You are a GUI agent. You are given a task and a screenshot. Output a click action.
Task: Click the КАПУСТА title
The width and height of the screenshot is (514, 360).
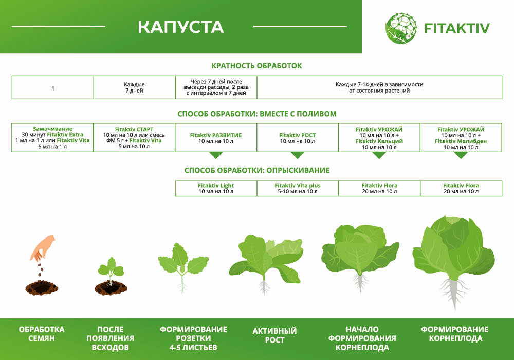point(180,27)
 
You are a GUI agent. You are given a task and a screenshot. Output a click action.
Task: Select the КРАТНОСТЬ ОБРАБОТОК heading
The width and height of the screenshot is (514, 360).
point(256,66)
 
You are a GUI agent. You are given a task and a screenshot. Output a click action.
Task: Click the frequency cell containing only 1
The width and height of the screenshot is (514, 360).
point(52,88)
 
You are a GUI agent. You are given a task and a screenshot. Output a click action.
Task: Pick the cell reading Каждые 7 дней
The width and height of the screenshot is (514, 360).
point(134,87)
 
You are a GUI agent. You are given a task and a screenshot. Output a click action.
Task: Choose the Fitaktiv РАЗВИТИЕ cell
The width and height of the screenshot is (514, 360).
point(216,138)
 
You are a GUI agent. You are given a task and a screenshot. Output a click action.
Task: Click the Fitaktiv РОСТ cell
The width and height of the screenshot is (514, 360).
point(297,138)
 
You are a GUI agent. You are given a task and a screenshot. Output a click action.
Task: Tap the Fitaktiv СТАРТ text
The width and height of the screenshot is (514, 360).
point(134,129)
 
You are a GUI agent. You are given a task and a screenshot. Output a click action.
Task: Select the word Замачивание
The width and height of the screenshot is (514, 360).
point(52,129)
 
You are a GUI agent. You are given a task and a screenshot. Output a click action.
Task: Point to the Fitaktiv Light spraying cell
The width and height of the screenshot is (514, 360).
point(216,188)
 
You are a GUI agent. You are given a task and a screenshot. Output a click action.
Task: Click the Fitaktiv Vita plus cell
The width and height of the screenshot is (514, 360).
point(297,188)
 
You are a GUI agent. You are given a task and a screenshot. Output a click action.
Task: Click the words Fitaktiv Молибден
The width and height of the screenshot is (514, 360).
point(461,141)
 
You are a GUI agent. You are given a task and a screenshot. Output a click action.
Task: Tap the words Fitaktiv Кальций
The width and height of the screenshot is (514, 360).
point(379,141)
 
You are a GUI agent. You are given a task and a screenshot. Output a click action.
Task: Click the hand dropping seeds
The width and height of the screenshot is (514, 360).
point(43,247)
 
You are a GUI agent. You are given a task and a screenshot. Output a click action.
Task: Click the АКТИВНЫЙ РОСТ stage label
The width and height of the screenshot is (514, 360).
point(274,335)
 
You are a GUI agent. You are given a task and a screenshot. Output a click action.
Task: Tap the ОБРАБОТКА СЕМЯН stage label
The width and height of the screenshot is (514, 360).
point(42,334)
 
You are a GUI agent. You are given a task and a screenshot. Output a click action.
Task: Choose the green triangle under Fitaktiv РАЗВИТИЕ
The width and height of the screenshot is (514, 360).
point(216,155)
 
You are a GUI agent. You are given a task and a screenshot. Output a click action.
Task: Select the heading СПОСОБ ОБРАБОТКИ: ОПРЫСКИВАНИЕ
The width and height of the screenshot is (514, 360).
point(256,170)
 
